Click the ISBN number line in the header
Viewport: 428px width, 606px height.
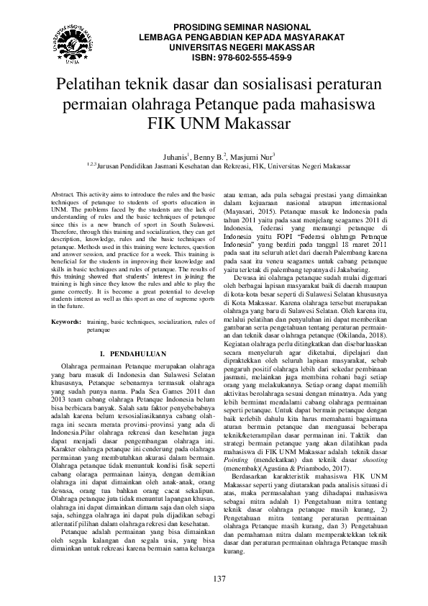[x=232, y=57]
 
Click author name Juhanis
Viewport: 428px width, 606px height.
[x=174, y=154]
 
